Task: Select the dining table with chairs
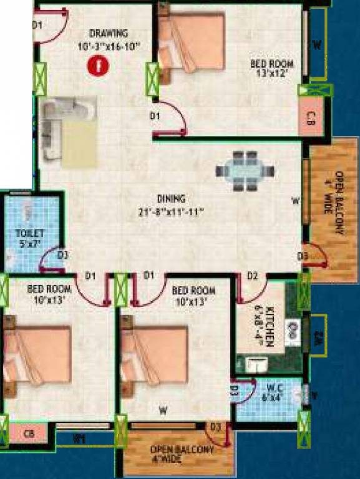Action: [x=245, y=170]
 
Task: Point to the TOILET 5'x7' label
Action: [x=29, y=238]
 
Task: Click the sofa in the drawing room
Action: [x=67, y=130]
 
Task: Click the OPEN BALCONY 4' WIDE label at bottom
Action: [x=182, y=453]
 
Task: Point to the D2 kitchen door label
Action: [x=253, y=275]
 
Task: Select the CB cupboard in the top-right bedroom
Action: [x=310, y=119]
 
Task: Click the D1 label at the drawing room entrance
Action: [x=37, y=25]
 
